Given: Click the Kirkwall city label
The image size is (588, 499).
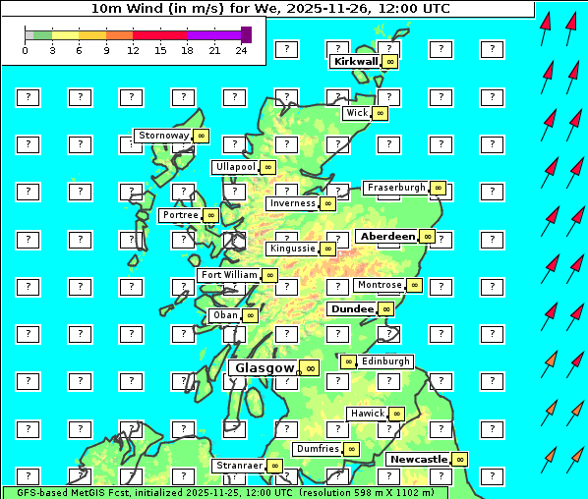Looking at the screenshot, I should click(x=355, y=61).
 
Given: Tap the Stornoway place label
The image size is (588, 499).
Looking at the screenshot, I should click(x=162, y=136).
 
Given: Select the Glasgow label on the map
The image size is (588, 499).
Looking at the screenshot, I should click(x=265, y=367).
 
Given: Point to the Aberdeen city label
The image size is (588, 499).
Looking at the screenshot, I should click(x=387, y=237).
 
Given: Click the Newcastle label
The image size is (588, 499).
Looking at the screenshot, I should click(x=418, y=459).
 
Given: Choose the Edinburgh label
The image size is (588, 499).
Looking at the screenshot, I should click(x=384, y=361).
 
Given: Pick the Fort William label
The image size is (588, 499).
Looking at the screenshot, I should click(x=228, y=275).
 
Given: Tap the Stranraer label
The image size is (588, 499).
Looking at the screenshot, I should click(x=239, y=466).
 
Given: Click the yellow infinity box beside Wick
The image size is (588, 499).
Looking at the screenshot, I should click(x=381, y=113).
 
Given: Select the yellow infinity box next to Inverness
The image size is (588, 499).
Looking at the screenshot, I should click(x=327, y=203).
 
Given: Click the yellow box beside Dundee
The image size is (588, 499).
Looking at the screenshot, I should click(x=385, y=308).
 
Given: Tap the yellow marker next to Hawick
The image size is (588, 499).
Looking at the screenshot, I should click(x=396, y=414).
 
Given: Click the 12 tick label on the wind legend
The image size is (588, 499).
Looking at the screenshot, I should click(x=133, y=50).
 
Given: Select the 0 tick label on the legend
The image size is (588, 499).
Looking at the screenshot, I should click(x=25, y=50).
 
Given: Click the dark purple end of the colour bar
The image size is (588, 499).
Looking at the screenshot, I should click(x=246, y=34).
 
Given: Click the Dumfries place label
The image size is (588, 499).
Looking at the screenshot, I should click(x=318, y=449).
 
